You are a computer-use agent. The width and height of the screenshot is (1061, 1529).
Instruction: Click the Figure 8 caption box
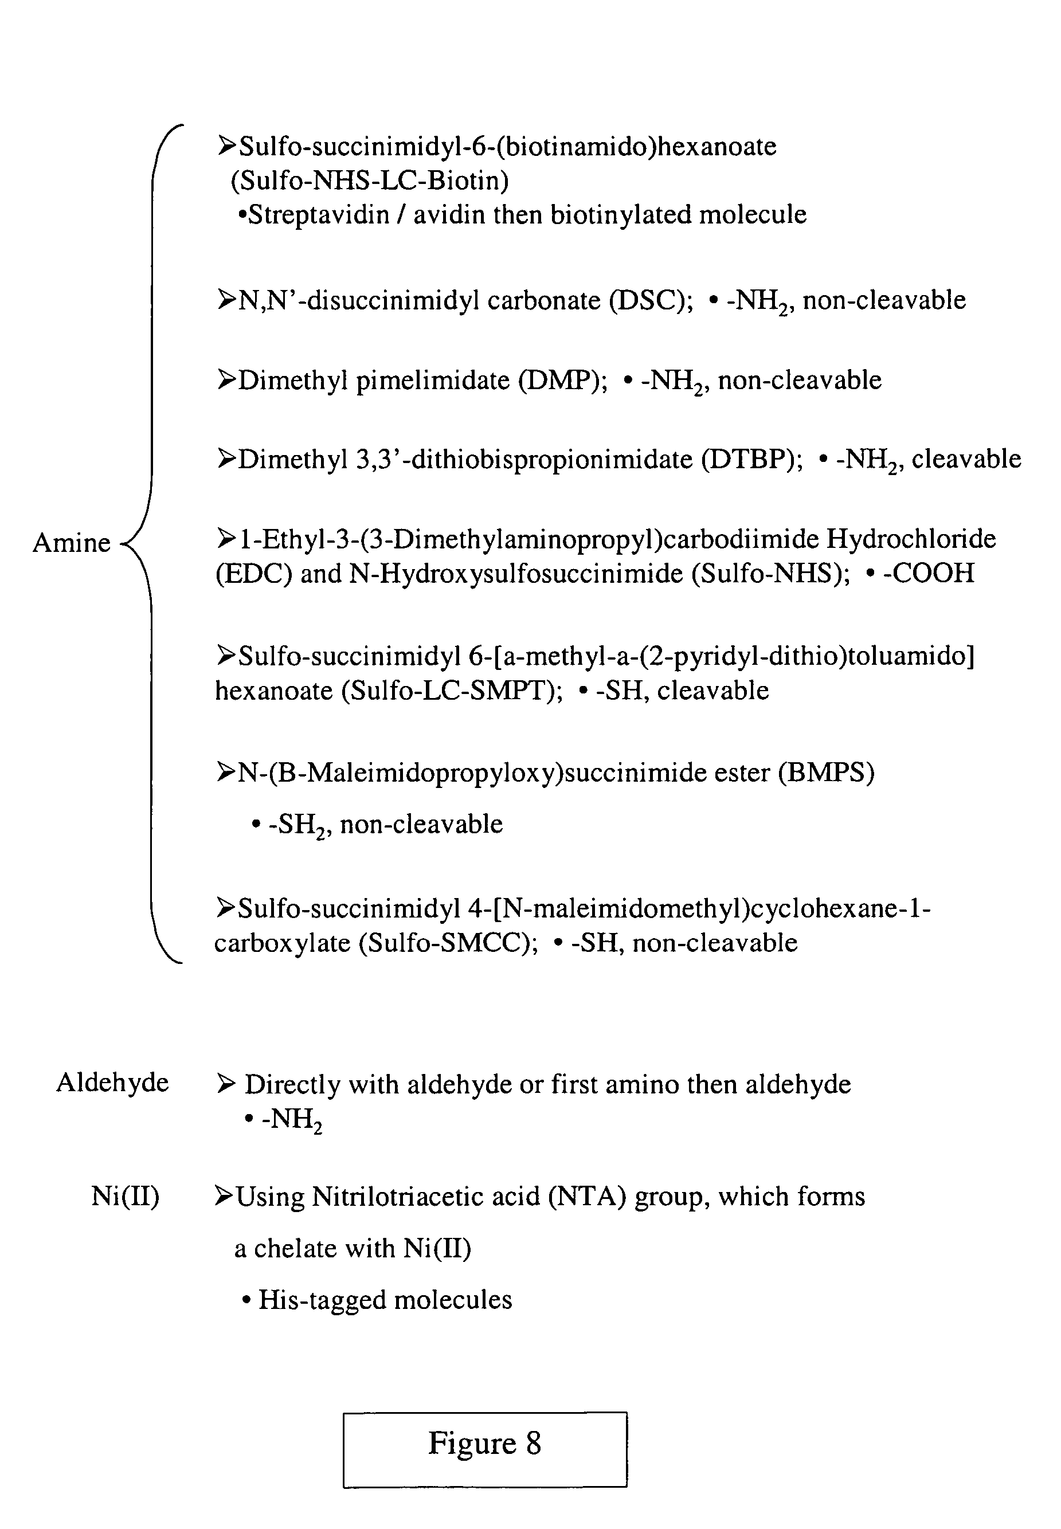[484, 1449]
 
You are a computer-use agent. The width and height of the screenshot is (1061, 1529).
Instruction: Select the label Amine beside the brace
[72, 543]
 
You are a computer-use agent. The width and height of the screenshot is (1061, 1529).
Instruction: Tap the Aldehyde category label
[112, 1083]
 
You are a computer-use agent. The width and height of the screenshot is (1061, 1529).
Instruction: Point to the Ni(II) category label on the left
[125, 1196]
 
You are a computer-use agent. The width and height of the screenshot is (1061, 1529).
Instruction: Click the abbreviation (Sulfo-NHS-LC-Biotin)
[370, 180]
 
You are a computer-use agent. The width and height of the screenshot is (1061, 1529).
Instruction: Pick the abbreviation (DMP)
[562, 380]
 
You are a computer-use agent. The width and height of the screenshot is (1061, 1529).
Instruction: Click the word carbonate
[545, 300]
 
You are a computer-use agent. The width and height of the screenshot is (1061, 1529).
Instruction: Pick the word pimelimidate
[433, 381]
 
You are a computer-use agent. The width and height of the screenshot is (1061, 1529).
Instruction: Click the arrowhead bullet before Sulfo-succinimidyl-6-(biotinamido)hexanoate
[226, 145]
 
